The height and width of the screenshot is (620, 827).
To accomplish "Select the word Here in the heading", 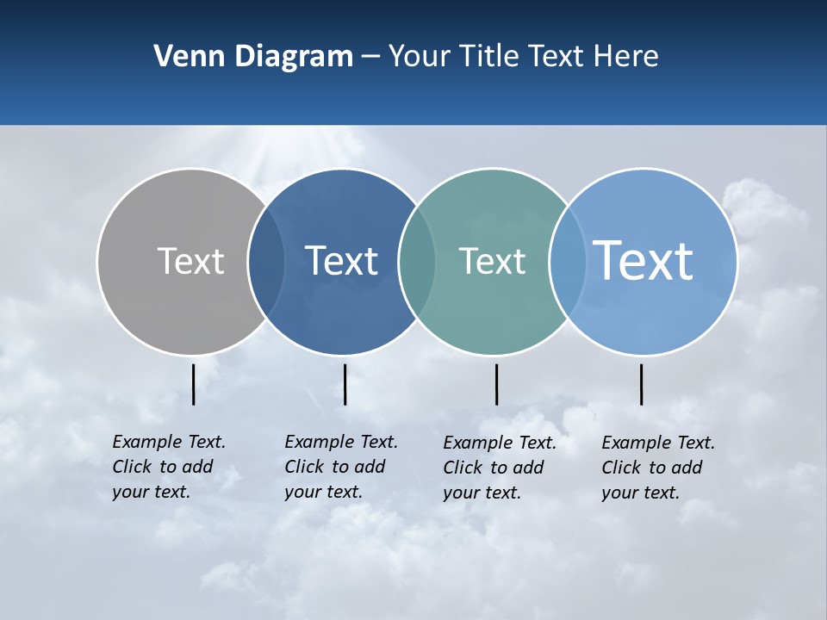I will (626, 57).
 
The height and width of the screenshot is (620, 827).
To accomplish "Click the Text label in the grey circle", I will (190, 261).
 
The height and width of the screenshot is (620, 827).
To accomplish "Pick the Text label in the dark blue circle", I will (341, 261).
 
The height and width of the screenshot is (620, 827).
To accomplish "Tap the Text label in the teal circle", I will (492, 261).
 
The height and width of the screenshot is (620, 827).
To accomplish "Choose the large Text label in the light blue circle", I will (644, 260).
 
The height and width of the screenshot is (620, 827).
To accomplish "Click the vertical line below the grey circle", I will (194, 384).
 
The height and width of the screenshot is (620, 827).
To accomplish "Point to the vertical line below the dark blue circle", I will (345, 384).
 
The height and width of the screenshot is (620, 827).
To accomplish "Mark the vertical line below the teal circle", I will (496, 384).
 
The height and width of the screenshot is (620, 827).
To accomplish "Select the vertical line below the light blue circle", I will (641, 384).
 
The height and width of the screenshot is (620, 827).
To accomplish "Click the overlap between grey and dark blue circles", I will (266, 262).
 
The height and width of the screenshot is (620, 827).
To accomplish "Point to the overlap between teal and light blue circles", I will (566, 262).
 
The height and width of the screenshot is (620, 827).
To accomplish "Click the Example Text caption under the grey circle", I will (169, 467).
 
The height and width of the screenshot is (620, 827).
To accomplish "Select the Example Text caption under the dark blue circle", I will (341, 467).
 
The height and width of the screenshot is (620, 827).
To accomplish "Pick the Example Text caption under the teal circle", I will (500, 468).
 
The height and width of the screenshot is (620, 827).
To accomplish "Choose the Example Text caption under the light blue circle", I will (658, 468).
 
